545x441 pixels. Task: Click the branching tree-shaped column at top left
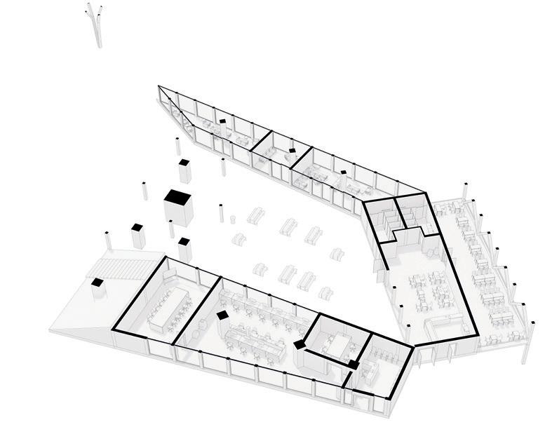[x=95, y=25]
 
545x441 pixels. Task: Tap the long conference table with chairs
[x=166, y=305]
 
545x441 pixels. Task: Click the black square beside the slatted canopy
[x=96, y=283]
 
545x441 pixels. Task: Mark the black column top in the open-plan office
[x=222, y=316]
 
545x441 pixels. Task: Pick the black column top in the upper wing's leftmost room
[x=222, y=121]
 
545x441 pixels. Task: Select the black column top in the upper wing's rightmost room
[x=344, y=172]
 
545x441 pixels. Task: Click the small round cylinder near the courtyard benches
[x=231, y=219]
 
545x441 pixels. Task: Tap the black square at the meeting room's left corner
[x=300, y=344]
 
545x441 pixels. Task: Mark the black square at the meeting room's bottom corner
[x=354, y=365]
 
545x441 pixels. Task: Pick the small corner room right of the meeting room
[x=382, y=361]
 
